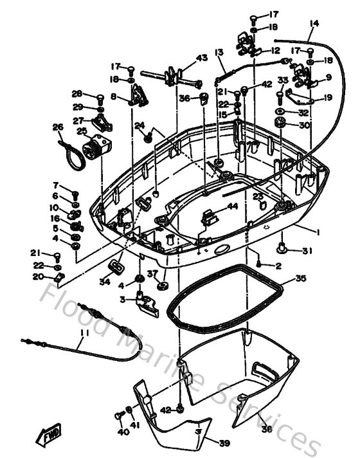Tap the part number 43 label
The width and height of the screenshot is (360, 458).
[x=202, y=59]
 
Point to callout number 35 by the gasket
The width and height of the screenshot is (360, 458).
[x=300, y=280]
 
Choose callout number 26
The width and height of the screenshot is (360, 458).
[x=57, y=127]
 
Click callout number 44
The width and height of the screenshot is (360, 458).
[x=231, y=207]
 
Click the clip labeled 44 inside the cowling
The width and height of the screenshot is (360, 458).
[x=207, y=217]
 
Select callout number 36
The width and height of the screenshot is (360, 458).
[x=184, y=98]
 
